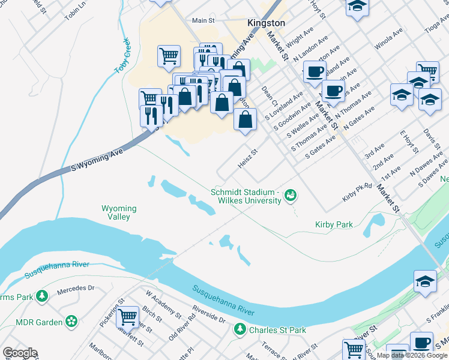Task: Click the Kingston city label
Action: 266,23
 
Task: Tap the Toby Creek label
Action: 122,56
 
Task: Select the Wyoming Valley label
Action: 118,212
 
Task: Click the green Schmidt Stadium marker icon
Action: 291,194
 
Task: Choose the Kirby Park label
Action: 334,224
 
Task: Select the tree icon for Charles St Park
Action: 240,329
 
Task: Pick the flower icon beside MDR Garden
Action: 72,322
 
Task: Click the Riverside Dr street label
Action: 208,316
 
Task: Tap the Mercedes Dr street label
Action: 76,288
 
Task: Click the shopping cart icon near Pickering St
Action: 127,316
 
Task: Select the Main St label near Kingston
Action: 203,20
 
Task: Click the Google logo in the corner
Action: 20,353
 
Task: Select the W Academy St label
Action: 163,304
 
